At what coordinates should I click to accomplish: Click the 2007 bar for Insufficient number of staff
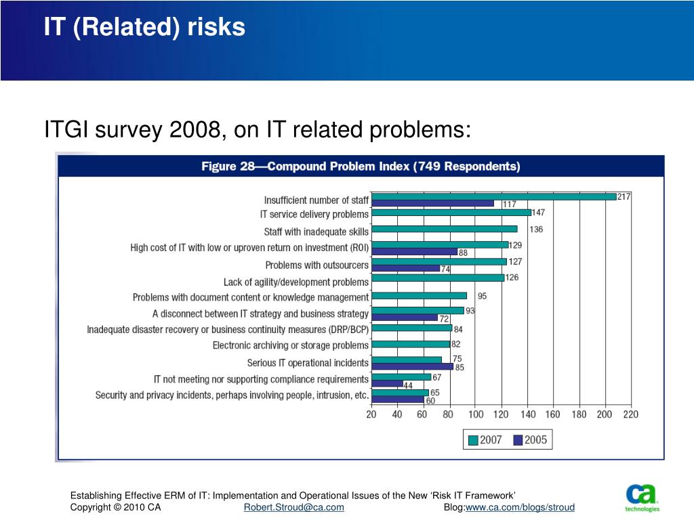(x=494, y=196)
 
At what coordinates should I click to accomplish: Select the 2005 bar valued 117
(x=433, y=203)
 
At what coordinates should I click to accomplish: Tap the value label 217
(x=624, y=196)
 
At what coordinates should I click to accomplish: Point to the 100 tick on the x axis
(x=476, y=414)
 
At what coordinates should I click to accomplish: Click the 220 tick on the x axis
(x=630, y=414)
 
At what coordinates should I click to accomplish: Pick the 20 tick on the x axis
(x=371, y=414)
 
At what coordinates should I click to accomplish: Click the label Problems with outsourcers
(x=317, y=265)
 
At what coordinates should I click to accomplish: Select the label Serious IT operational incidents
(x=308, y=363)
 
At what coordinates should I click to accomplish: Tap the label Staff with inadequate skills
(x=316, y=232)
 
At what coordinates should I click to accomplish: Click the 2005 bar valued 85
(x=413, y=366)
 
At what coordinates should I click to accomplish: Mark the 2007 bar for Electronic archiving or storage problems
(x=411, y=344)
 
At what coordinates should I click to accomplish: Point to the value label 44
(x=409, y=385)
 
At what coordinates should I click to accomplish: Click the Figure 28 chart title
(x=361, y=166)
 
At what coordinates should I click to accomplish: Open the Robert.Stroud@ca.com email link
(x=293, y=507)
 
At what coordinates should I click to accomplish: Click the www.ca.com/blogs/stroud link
(x=520, y=507)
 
